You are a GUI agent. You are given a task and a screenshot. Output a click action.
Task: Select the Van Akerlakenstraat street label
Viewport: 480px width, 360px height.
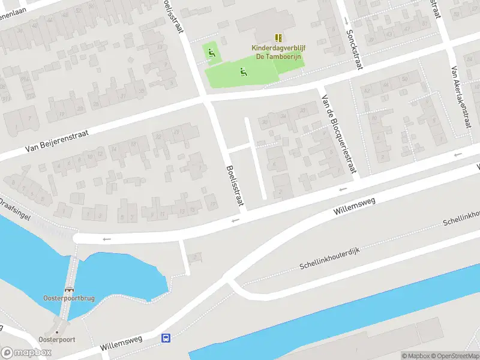coord(460,96)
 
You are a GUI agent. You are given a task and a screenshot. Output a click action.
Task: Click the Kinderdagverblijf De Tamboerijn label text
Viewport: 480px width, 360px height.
coord(277,52)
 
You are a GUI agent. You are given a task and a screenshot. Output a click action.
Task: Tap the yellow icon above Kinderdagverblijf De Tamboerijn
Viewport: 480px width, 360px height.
coord(278,38)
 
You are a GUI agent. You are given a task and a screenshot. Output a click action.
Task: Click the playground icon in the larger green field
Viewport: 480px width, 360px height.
coord(243,73)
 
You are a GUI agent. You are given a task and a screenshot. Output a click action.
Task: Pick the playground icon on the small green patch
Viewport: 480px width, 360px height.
coord(211,52)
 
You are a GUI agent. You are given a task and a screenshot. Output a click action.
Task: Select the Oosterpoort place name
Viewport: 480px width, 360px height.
coord(59,339)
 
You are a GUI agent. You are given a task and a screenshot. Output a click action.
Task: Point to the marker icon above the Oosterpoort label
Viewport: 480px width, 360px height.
coord(58,331)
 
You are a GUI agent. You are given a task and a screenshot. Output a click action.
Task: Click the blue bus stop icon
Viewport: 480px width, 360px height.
coord(165,338)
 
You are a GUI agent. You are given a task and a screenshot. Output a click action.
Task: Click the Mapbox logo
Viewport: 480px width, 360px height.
coord(26,353)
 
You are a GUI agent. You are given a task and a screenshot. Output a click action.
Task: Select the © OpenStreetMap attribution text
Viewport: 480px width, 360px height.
coord(454,356)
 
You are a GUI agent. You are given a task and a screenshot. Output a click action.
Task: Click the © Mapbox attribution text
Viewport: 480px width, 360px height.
coord(415,356)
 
